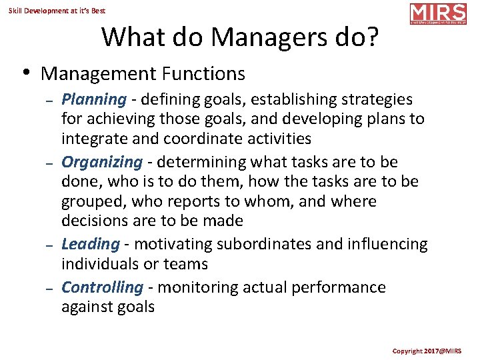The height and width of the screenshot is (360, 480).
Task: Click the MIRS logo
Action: click(438, 14)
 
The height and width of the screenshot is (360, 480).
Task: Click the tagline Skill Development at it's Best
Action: click(57, 11)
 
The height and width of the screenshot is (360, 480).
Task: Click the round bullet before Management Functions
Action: click(25, 72)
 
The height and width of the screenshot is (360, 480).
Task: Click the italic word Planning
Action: click(93, 100)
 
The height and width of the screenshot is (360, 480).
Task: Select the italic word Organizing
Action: click(101, 162)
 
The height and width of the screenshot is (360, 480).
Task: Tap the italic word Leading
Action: click(90, 245)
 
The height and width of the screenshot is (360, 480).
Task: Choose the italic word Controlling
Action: click(102, 287)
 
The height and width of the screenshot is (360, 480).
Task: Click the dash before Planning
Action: click(49, 101)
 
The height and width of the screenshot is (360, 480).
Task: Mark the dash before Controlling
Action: click(49, 289)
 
